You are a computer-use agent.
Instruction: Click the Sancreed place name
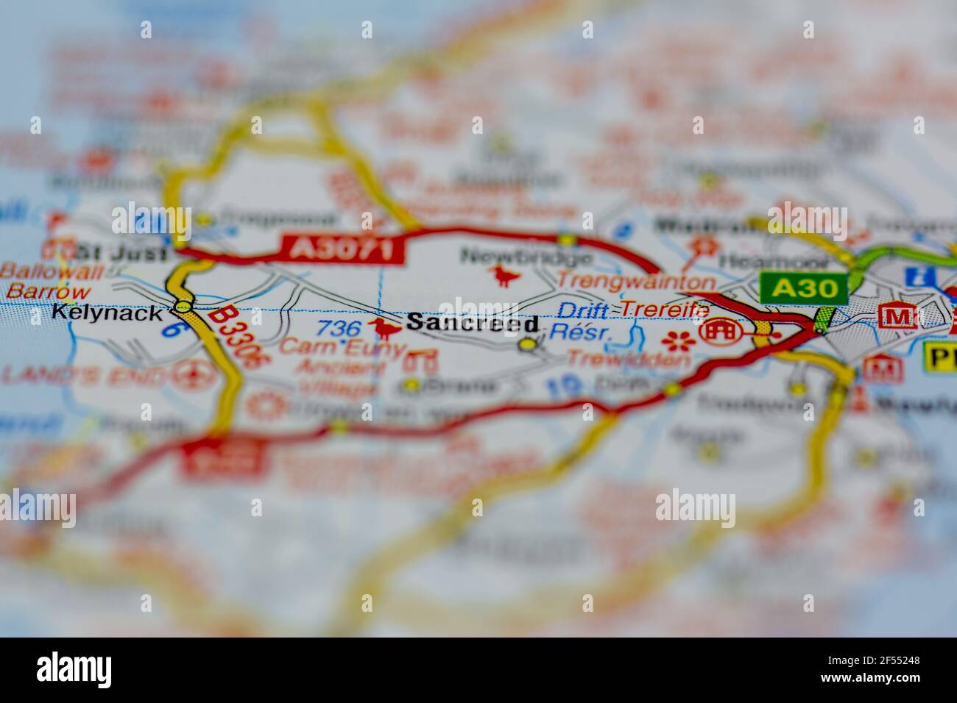pos(472,322)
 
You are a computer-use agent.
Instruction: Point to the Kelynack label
pos(107,313)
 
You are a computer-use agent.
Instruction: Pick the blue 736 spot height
pos(340,328)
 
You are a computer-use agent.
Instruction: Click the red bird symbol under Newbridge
pos(506,276)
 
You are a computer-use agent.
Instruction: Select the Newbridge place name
pos(526,257)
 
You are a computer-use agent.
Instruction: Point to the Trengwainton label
pos(635,281)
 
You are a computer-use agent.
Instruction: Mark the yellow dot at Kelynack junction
pos(182,305)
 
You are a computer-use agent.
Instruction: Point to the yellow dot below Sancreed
pos(527,343)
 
